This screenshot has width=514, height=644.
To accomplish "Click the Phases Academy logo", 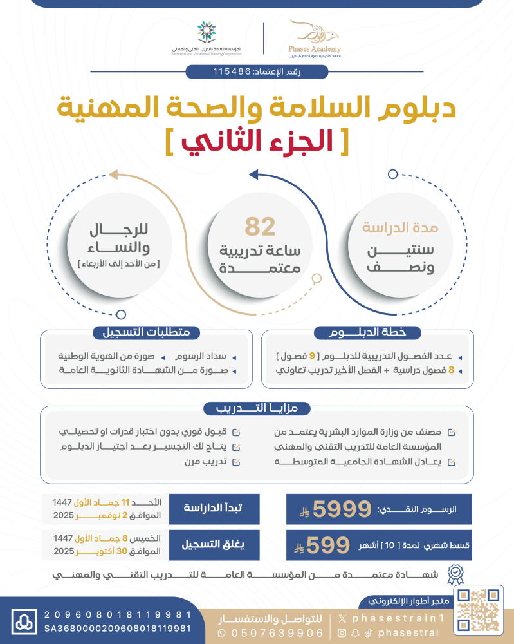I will click(315, 38).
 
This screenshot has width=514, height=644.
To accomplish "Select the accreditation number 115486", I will click(232, 71).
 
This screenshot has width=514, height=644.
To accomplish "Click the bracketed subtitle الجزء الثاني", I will click(255, 142).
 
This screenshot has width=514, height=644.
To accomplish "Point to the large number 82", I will click(260, 227).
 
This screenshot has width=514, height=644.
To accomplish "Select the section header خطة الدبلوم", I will click(367, 332).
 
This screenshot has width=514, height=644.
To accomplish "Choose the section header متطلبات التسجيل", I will click(146, 332).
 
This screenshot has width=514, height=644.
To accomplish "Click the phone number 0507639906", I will click(276, 633).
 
